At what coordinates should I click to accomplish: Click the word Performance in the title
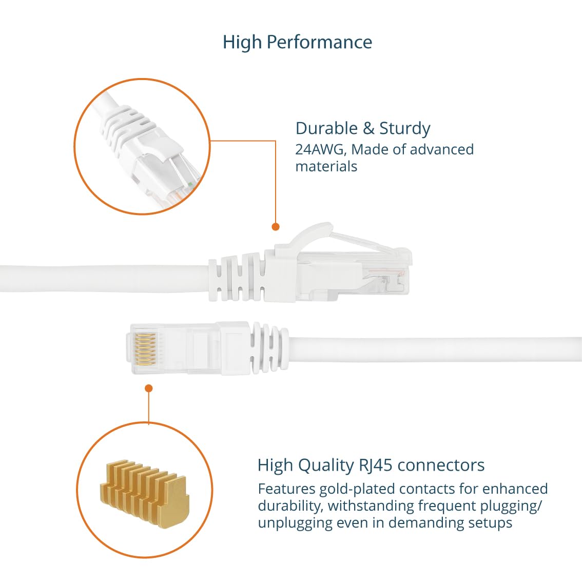(319, 42)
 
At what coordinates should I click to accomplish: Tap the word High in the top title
(242, 42)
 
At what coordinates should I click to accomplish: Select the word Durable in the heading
(326, 128)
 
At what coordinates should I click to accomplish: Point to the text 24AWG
(321, 149)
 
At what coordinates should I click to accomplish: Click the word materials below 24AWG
(326, 167)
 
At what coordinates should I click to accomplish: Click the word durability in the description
(290, 506)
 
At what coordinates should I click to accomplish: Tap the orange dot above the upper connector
(276, 227)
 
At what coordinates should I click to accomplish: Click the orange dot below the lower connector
(148, 388)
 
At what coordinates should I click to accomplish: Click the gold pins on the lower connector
(145, 348)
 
